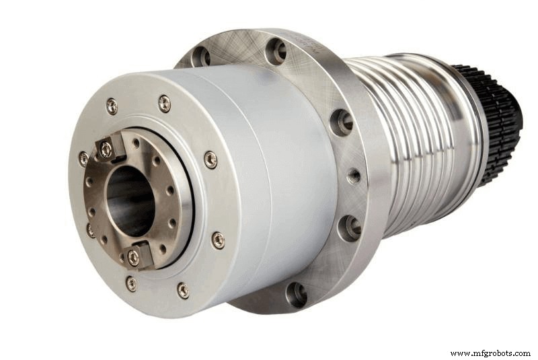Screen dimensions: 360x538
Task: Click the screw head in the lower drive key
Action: tap(132, 255)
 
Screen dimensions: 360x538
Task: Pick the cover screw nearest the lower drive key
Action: tap(131, 283)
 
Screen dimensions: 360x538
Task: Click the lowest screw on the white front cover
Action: tap(183, 290)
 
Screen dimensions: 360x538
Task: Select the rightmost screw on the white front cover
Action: tap(217, 240)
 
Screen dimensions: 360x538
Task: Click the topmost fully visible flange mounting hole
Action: tap(276, 50)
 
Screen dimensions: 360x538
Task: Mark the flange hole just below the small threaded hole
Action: tap(350, 227)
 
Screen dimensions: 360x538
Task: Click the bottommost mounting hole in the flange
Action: tap(296, 293)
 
